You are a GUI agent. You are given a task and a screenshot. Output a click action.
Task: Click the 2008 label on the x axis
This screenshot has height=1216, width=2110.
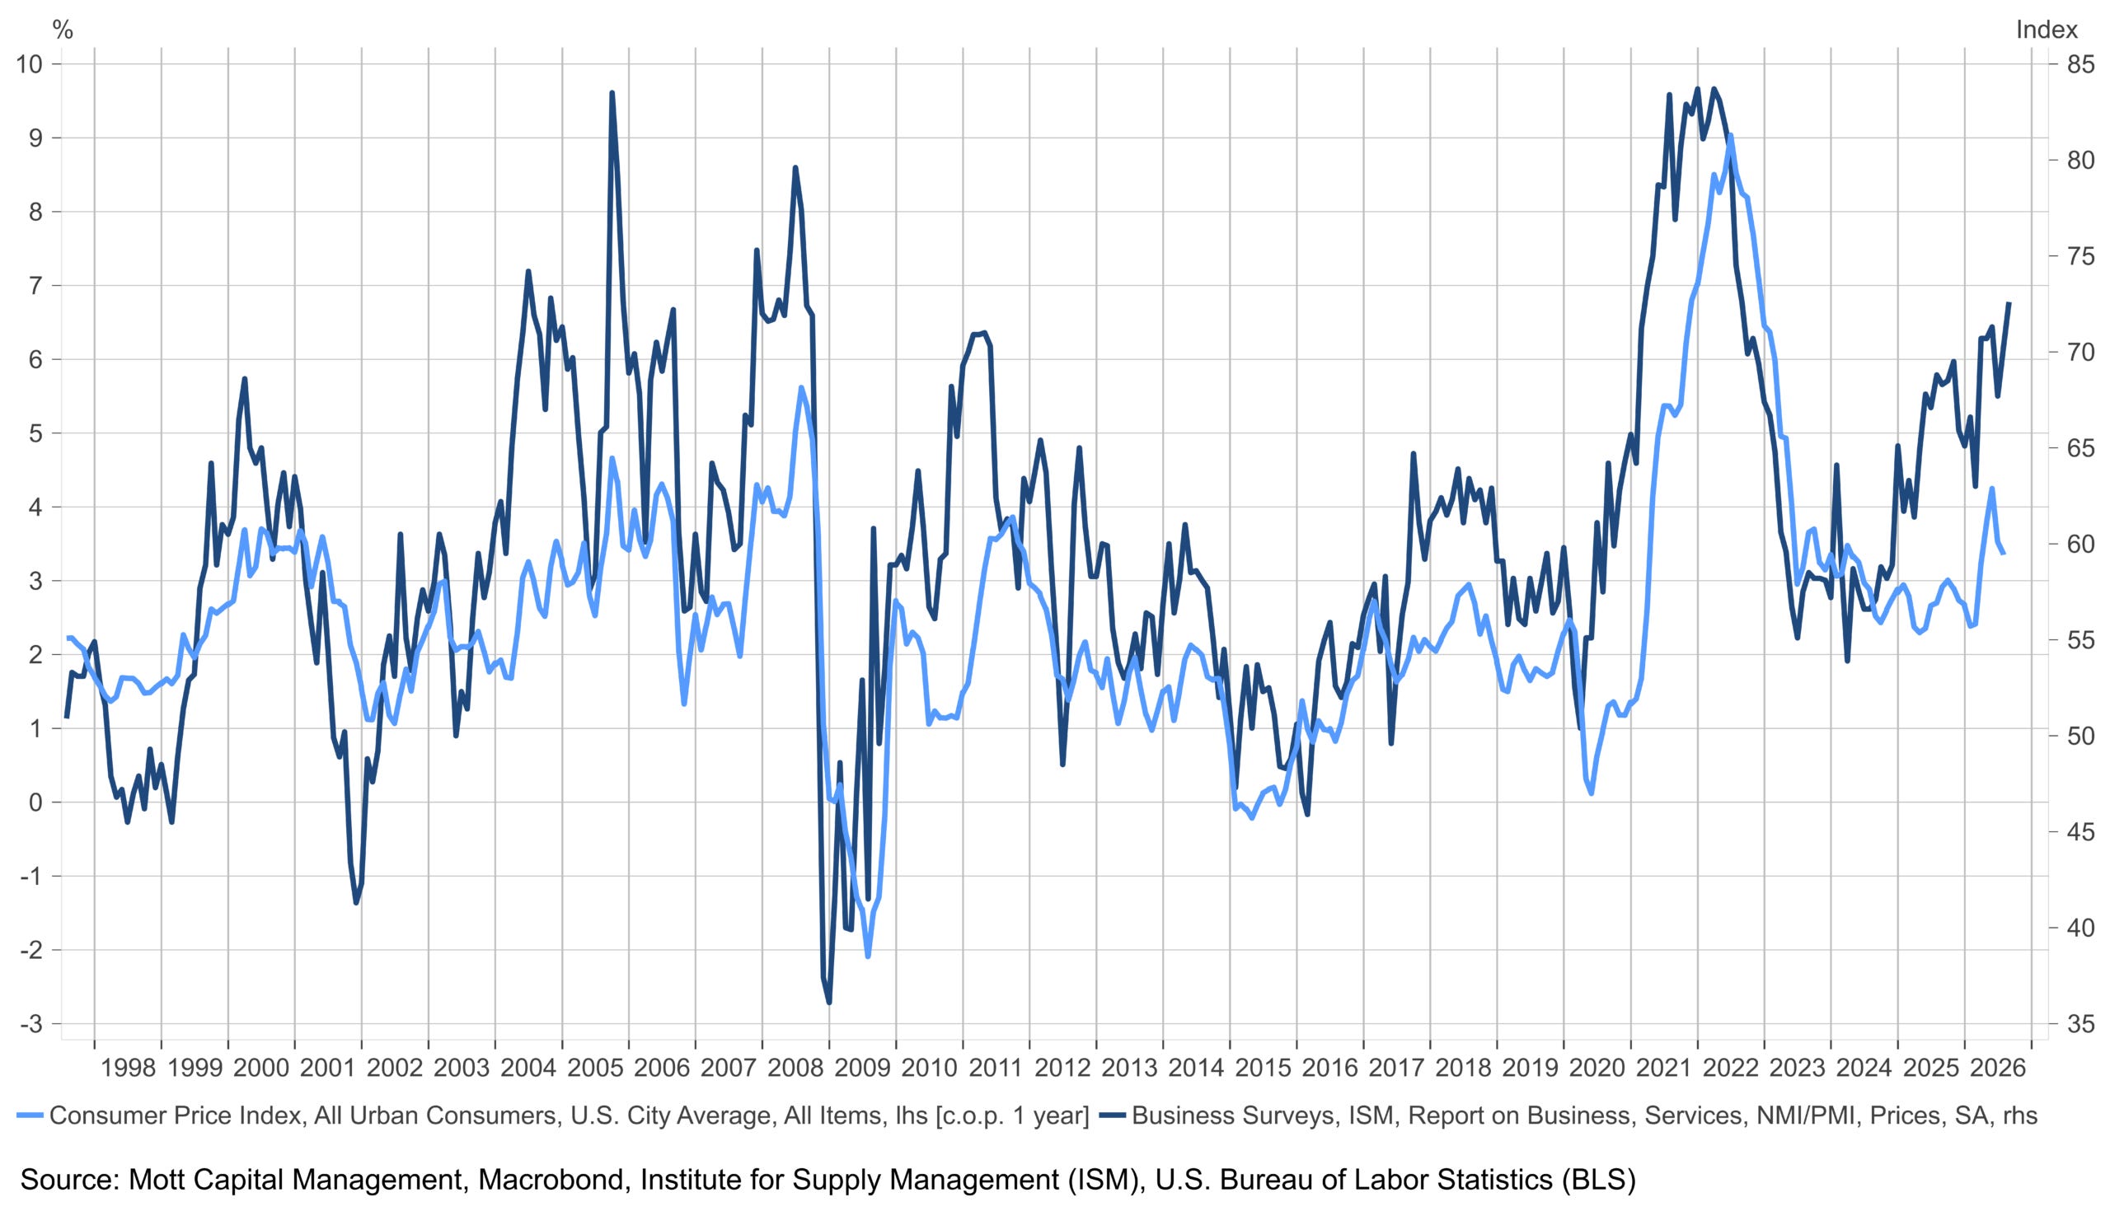tap(795, 1068)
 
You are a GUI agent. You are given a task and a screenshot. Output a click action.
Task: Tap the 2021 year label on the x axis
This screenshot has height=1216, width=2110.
tap(1664, 1068)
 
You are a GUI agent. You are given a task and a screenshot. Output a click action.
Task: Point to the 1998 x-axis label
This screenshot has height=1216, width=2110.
tap(128, 1068)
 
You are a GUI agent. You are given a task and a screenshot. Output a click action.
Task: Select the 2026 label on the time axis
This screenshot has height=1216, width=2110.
tap(1998, 1068)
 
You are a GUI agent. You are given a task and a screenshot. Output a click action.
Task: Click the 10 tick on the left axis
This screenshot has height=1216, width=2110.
tap(33, 64)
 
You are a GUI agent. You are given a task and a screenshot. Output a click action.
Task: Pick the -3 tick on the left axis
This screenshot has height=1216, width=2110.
tap(33, 1024)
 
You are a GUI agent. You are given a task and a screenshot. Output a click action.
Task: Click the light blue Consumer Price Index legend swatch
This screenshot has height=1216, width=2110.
tap(29, 1115)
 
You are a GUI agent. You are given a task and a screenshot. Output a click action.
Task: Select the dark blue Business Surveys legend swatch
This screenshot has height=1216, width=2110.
tap(1112, 1115)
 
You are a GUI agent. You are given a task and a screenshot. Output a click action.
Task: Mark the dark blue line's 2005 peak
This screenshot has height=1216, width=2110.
tap(612, 93)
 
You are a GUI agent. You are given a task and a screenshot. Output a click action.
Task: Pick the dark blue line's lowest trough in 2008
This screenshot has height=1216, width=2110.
tap(828, 1002)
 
